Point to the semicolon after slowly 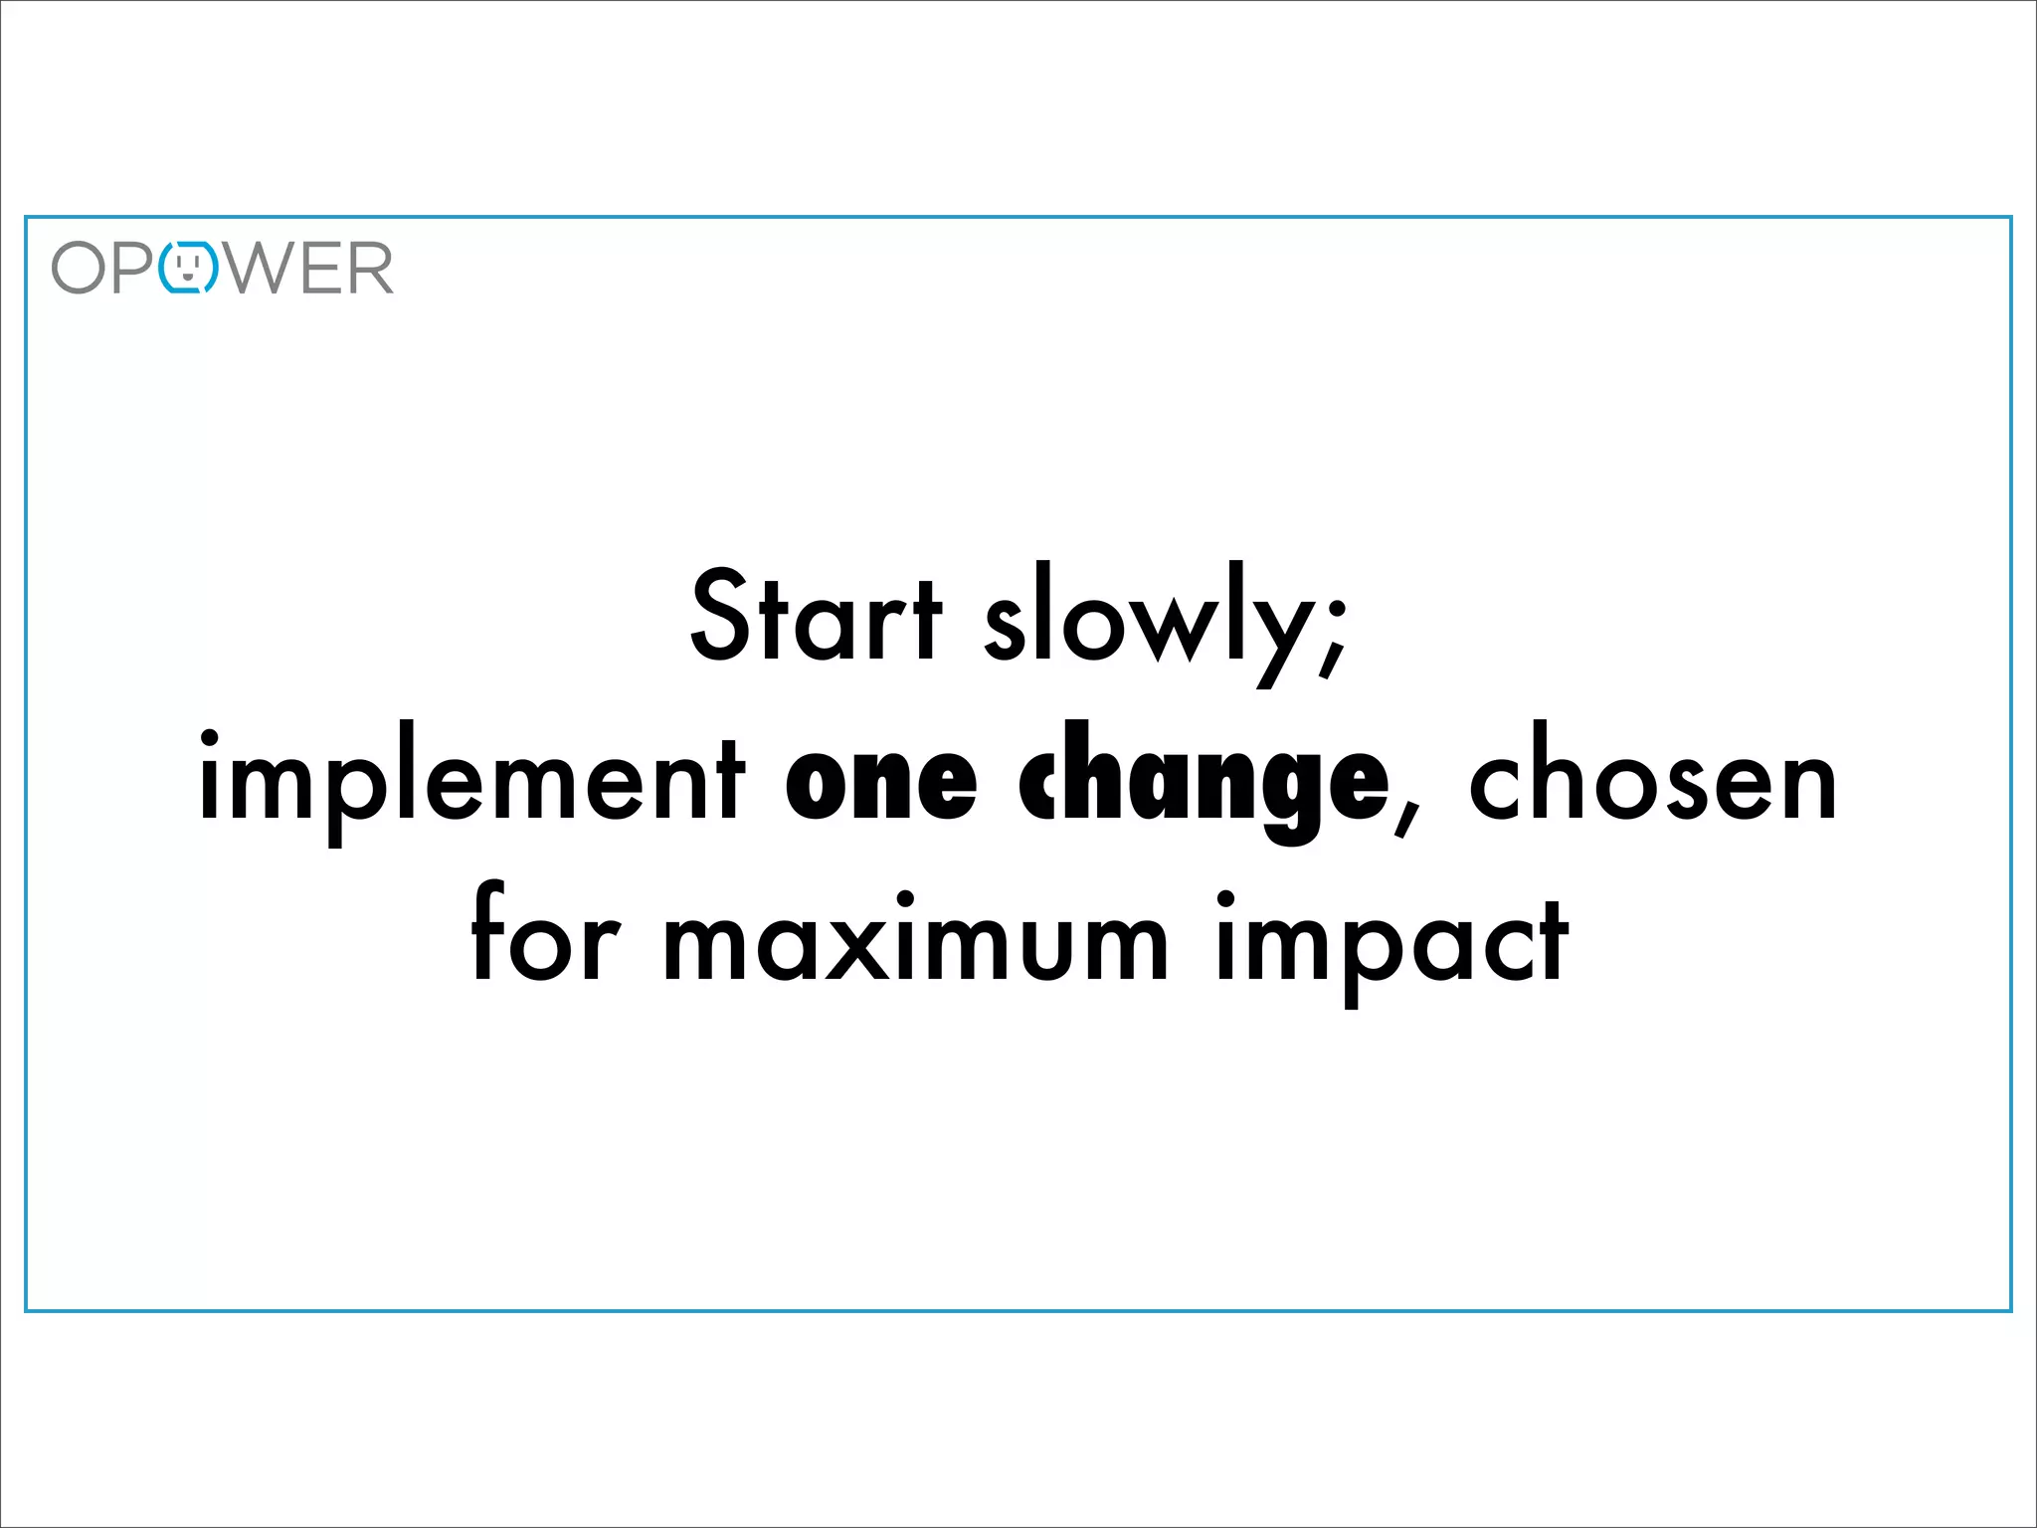click(1334, 637)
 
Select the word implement click(471, 782)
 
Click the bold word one click(881, 782)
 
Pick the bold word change click(1204, 782)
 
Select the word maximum click(915, 941)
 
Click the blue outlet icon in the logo click(189, 268)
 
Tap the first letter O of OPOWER click(79, 268)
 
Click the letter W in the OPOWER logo click(258, 268)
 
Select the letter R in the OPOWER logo click(368, 268)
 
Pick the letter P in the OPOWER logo click(133, 268)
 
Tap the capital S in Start click(721, 614)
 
